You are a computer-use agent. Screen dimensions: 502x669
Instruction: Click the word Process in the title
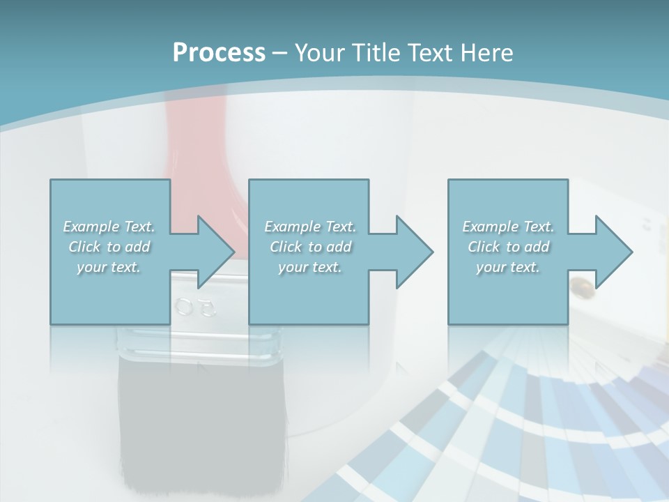219,52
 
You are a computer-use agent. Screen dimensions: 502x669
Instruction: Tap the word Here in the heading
487,52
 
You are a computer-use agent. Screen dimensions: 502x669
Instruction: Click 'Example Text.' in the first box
109,227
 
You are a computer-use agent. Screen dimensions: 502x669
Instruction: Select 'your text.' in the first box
109,267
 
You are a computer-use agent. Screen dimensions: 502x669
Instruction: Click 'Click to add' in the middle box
310,247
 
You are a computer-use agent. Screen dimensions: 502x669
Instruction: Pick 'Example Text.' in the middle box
310,227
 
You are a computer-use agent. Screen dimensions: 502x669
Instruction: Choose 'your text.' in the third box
508,267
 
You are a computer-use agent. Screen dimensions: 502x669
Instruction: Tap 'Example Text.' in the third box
508,227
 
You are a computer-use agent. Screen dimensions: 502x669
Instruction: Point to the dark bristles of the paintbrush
202,418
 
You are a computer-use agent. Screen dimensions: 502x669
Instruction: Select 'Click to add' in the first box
109,247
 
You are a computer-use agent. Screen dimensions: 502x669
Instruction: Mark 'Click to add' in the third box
508,247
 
